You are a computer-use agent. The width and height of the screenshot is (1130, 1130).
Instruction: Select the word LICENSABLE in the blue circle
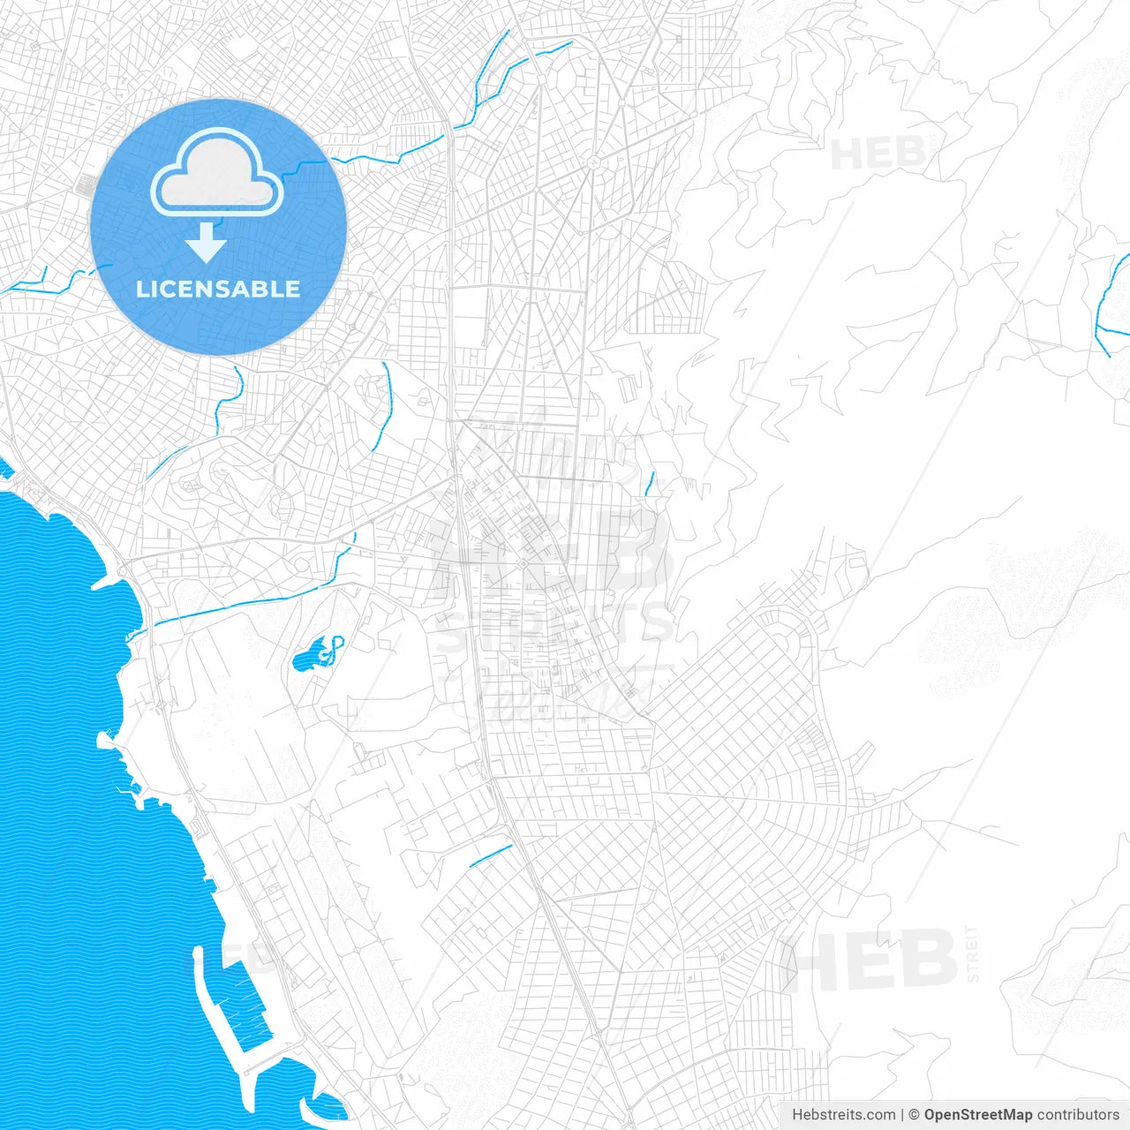(x=218, y=289)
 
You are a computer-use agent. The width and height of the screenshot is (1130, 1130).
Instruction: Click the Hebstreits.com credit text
(x=843, y=1115)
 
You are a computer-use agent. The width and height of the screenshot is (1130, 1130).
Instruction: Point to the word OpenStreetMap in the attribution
(x=977, y=1115)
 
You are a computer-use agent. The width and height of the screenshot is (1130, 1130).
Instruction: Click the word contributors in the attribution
(x=1078, y=1115)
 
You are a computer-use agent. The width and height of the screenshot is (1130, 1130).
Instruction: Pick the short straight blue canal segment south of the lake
(x=491, y=855)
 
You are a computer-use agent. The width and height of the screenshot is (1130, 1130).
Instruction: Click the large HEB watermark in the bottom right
(x=870, y=960)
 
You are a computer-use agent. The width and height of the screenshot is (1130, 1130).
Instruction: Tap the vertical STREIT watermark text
(x=973, y=953)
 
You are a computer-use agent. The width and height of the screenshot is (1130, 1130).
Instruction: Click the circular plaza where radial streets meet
(x=594, y=162)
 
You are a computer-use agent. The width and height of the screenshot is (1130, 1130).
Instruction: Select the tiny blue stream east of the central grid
(x=650, y=483)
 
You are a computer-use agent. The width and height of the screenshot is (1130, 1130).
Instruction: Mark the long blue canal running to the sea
(x=247, y=606)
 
